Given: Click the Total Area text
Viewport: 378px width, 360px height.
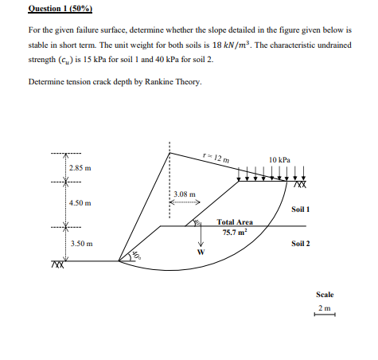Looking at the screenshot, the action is tap(235, 223).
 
